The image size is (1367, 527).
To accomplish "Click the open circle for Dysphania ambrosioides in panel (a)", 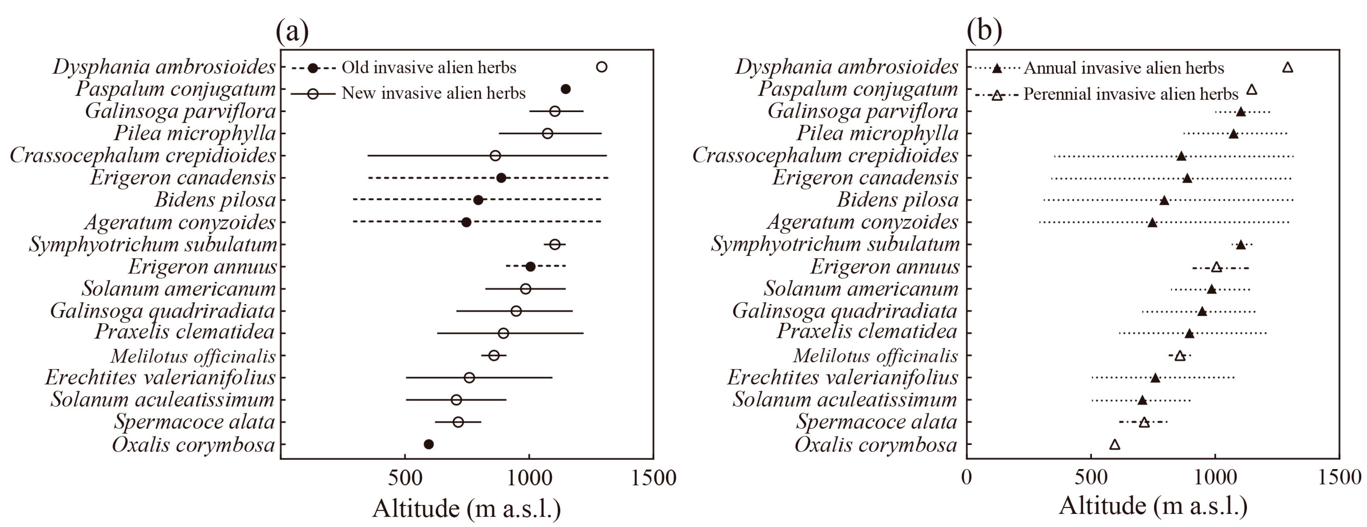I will click(601, 67).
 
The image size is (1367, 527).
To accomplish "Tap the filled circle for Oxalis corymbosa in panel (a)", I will click(428, 444).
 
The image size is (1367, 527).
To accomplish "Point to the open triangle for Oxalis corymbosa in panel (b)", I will click(1114, 444).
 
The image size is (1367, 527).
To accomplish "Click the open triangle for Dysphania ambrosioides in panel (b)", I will click(1287, 67).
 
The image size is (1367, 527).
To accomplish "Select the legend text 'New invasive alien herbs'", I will click(433, 93).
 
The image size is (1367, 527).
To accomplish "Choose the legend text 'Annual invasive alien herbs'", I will click(1124, 68).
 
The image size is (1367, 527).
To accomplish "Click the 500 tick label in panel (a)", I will click(404, 478).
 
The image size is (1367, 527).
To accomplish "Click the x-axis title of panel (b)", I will click(1153, 506).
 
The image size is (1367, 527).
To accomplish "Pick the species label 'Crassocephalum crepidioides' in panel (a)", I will click(143, 156).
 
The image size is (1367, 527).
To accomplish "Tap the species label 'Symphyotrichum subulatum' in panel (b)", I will click(835, 244).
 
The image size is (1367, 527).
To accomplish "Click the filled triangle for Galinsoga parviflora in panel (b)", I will click(1241, 111).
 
